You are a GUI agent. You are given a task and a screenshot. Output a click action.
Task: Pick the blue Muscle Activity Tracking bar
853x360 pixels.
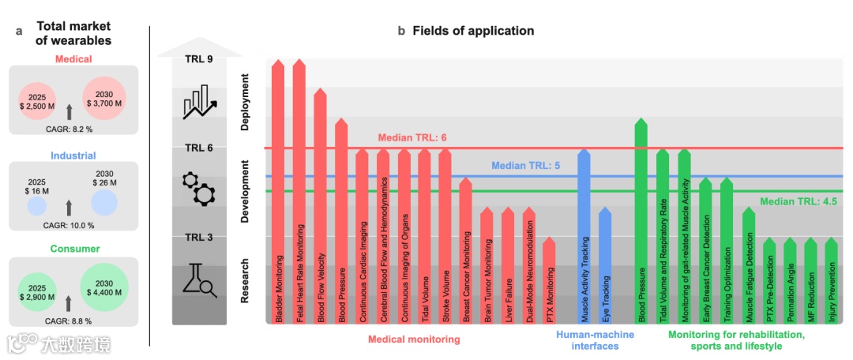pos(584,237)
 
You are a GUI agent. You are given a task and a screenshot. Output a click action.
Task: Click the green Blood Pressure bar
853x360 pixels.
pos(641,221)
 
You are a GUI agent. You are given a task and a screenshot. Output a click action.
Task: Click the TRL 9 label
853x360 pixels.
pos(198,61)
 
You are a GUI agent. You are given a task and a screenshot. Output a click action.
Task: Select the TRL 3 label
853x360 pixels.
pos(198,238)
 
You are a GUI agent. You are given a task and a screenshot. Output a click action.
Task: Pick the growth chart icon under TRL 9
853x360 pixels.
pos(198,103)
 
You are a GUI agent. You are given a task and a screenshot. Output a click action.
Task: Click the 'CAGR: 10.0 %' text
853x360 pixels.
pos(70,225)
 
